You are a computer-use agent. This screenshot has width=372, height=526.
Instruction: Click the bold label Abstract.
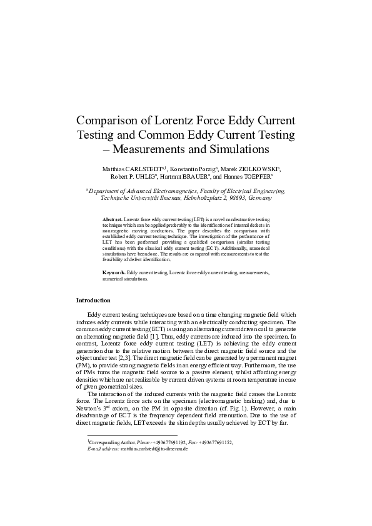[113, 220]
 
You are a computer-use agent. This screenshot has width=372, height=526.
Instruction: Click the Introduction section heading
[93, 300]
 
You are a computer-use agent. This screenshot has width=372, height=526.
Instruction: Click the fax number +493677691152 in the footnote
[214, 442]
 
